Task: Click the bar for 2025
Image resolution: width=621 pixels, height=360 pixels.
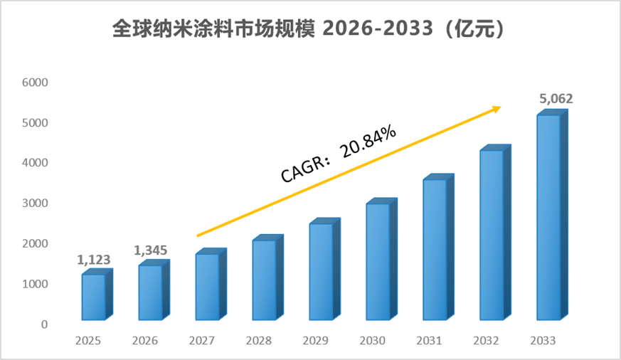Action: pos(97,295)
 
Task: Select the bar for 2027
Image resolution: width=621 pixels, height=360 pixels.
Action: pos(211,285)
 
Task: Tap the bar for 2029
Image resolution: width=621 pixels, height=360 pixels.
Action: pos(325,270)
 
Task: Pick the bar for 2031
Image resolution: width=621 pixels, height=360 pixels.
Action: pos(438,247)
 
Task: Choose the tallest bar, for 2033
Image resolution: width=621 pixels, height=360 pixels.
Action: pos(552,215)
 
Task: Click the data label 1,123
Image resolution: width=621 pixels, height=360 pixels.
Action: pos(93,260)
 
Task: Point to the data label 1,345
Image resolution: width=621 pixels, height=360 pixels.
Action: pos(151,250)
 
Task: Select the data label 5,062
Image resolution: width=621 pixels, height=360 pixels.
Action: pos(556,99)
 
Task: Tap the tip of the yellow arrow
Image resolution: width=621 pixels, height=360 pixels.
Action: pos(501,107)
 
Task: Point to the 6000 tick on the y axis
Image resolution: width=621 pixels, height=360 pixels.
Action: pos(35,83)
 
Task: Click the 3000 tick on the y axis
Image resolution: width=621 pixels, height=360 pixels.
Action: pos(35,203)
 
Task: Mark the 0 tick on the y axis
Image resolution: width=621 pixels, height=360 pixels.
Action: pos(44,324)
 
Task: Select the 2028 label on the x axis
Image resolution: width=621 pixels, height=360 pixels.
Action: pos(259,341)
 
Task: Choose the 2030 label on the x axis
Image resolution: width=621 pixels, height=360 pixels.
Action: pos(372,341)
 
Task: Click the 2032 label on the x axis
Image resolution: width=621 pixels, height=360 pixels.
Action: pos(486,341)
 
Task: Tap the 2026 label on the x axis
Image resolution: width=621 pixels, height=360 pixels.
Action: pos(145,341)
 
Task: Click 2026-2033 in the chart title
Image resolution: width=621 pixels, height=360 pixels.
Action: pos(378,28)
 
